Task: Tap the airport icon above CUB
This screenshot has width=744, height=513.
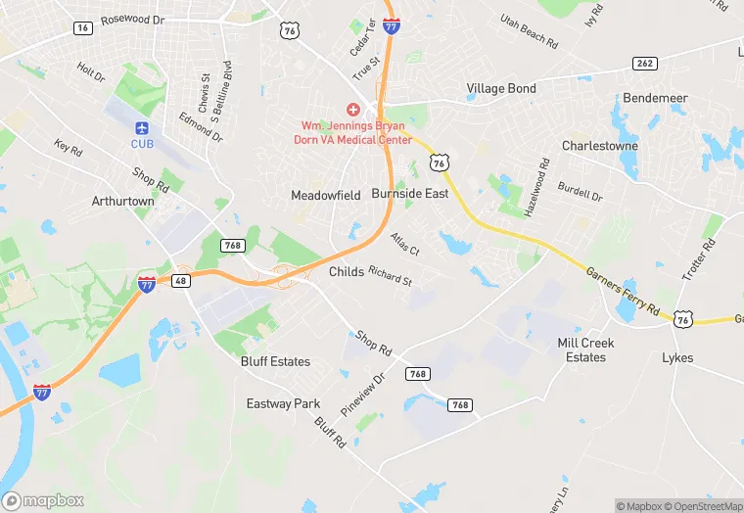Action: coord(143,128)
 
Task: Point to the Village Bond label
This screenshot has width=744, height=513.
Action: coord(501,88)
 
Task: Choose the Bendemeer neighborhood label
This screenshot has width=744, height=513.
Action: coord(655,99)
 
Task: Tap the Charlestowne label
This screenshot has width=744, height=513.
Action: coord(599,146)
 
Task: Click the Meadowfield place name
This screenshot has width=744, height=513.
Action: coord(326,195)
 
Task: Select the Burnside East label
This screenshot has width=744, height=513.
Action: coord(409,194)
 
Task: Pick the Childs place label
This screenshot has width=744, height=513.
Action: coord(347,271)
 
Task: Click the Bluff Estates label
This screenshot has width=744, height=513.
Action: coord(275,361)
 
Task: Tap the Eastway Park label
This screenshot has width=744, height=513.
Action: coord(283,403)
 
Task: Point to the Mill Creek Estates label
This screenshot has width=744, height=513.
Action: coord(585,350)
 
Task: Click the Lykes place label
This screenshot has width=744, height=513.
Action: coord(677,357)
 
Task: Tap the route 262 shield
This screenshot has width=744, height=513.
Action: coord(643,64)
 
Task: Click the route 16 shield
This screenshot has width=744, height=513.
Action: coord(82,28)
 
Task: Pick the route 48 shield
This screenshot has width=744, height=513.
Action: coord(181,280)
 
